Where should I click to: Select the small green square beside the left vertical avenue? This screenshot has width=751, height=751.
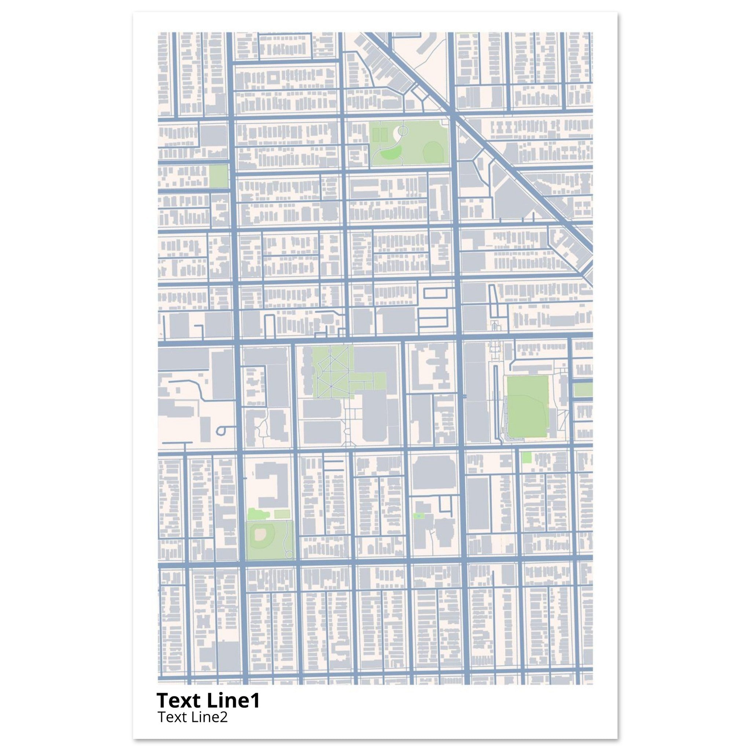pyautogui.click(x=218, y=176)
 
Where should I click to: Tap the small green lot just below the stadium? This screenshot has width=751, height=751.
pyautogui.click(x=526, y=458)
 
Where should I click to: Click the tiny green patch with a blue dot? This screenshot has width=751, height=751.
pyautogui.click(x=418, y=516)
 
